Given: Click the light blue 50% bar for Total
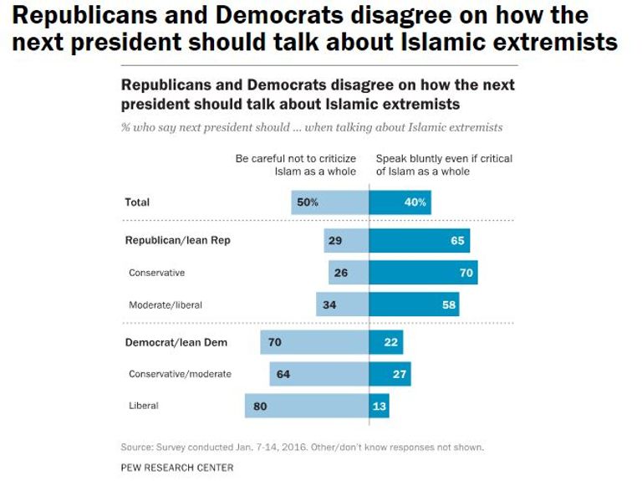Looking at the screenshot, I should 330,202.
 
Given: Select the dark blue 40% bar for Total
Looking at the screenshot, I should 400,202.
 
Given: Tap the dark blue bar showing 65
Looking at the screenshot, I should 419,240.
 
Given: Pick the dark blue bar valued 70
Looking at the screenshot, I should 423,273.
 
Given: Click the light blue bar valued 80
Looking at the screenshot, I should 307,406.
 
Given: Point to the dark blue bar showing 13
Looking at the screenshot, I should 379,406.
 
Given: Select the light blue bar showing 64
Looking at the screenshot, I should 318,374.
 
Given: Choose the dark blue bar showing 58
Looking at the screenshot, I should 414,304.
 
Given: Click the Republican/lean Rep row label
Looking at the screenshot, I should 177,240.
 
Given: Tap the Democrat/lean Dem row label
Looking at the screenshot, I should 176,342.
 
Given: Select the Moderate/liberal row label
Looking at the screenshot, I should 166,304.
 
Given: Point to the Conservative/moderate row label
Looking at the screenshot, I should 180,374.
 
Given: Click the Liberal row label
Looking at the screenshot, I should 144,406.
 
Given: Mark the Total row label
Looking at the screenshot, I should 137,202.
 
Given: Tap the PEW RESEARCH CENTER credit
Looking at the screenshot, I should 177,468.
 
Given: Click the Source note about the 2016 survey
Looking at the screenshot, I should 302,447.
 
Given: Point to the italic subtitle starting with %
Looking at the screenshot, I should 312,127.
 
